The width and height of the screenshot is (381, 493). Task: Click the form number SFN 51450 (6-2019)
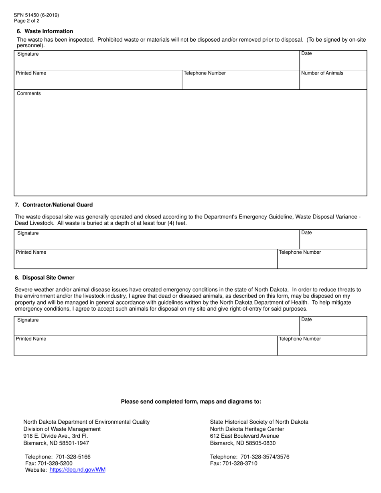pos(36,15)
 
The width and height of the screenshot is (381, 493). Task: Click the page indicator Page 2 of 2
pos(26,21)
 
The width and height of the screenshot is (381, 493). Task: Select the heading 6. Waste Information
pos(45,31)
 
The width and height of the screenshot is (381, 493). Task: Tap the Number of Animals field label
pos(322,73)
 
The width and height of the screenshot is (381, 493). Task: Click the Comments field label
pos(28,93)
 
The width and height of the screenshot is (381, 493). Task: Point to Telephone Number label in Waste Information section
pos(205,73)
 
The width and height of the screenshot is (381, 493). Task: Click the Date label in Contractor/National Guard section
pos(306,232)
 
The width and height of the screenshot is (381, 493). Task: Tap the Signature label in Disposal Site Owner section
pos(28,320)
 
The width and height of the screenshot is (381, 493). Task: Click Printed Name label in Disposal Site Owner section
pos(31,339)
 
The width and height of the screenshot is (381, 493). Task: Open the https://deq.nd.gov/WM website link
pos(77,470)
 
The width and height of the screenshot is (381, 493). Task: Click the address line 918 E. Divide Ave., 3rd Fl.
pos(55,436)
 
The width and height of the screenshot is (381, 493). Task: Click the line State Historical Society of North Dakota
pos(259,422)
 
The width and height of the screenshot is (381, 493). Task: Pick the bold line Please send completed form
pos(191,401)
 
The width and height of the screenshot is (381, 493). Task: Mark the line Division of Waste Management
pos(62,429)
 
